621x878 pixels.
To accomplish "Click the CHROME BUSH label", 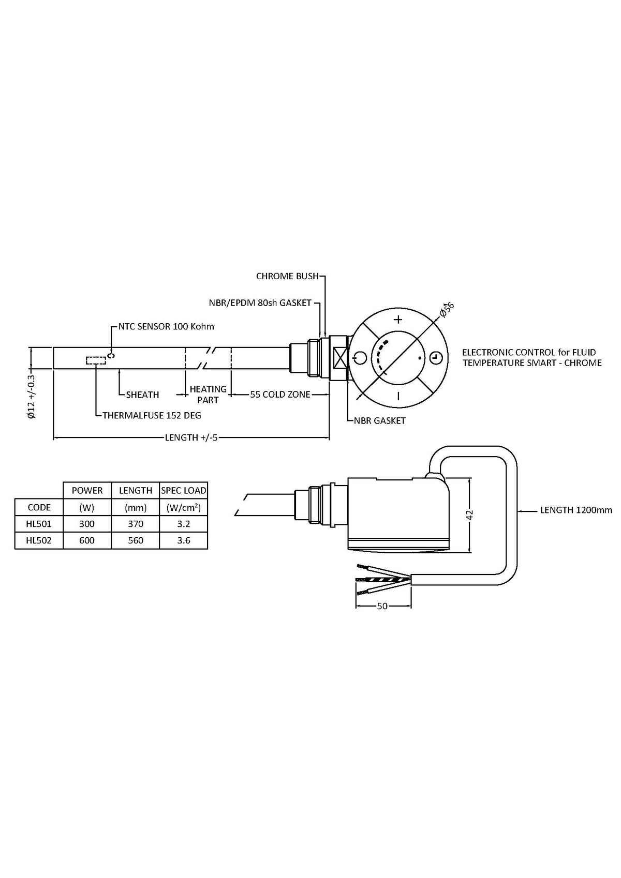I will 287,276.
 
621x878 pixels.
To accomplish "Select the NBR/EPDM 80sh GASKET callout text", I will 260,302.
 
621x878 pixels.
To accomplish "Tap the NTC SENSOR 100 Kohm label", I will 166,326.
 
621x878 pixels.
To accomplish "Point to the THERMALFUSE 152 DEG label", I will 152,415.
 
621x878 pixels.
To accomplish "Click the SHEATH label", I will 142,395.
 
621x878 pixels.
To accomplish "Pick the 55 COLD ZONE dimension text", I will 280,395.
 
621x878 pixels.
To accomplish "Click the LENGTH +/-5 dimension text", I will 191,437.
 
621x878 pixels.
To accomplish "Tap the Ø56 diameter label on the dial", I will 446,309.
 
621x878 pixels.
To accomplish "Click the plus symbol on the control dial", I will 398,319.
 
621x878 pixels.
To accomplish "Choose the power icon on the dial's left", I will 361,357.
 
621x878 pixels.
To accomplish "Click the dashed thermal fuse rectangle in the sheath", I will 96,360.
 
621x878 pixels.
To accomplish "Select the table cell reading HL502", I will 39,540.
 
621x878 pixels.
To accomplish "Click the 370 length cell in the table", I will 136,524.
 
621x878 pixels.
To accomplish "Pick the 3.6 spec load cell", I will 184,540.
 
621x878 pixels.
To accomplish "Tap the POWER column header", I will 87,490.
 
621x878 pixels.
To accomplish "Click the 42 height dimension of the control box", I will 470,515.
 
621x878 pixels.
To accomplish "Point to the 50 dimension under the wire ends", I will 382,606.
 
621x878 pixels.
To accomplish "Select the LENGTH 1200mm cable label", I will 576,510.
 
